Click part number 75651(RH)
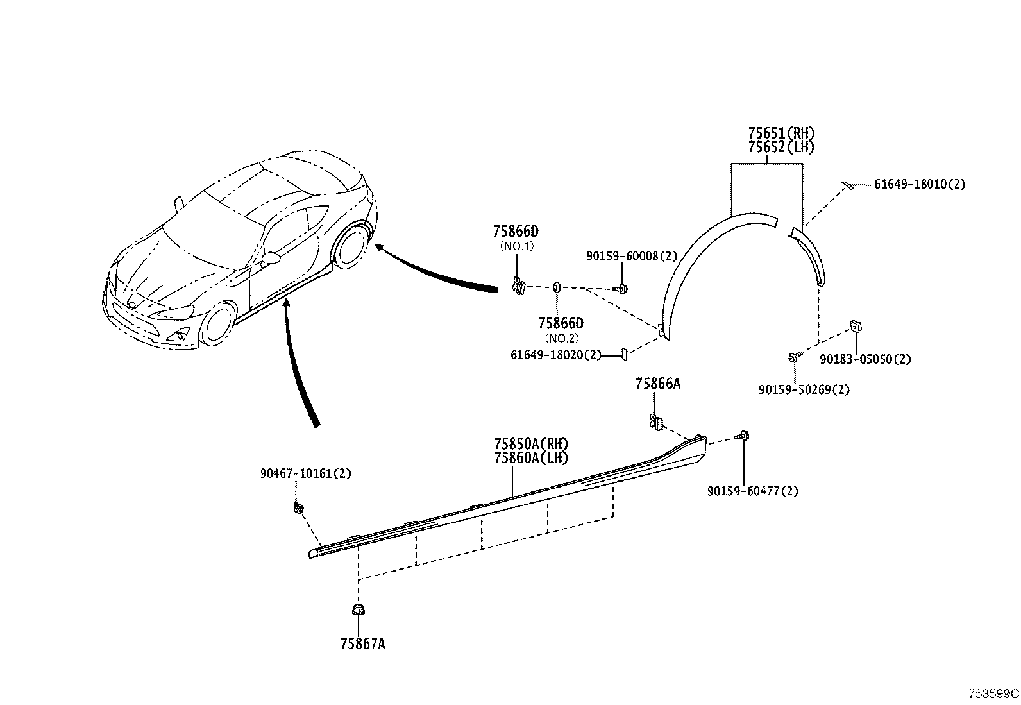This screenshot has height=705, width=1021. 781,133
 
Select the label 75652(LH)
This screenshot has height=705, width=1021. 781,148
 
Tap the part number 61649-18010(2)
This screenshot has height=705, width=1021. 919,185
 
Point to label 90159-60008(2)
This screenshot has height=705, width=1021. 631,256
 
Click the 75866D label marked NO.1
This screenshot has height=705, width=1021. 515,231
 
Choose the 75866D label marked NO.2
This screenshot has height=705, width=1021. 561,324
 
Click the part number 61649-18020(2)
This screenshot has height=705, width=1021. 556,355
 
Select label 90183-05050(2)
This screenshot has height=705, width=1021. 865,359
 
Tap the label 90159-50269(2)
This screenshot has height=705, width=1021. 804,390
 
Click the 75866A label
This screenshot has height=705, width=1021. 657,384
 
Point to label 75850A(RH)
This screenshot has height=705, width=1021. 531,444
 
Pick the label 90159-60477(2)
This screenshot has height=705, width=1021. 753,491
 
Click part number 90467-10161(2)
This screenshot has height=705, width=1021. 305,474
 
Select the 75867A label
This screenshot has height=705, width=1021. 362,644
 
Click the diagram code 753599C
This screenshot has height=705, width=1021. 993,694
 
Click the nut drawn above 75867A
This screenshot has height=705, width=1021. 358,609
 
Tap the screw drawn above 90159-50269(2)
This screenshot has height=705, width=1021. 794,357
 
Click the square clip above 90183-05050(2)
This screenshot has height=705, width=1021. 854,326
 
